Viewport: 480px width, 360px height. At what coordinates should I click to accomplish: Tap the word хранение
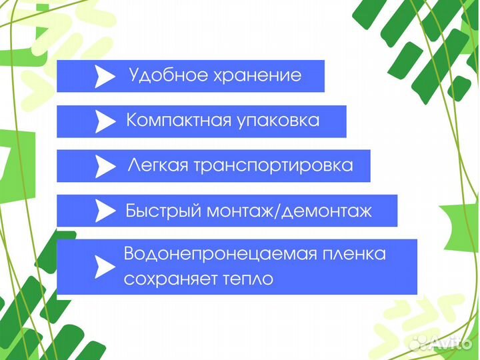click(257, 75)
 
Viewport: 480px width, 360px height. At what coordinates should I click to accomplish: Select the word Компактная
click(177, 121)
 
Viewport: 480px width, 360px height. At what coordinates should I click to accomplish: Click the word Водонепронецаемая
click(206, 254)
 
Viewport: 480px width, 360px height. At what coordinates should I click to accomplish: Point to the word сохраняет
click(168, 279)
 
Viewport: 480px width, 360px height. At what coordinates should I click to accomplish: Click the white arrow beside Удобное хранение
click(104, 77)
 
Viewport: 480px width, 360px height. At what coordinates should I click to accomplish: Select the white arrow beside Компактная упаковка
click(105, 121)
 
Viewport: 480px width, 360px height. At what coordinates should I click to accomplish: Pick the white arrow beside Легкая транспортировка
click(105, 166)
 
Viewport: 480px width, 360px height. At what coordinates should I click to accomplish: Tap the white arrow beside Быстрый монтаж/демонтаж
click(105, 211)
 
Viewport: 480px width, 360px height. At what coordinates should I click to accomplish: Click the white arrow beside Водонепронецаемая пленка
click(104, 267)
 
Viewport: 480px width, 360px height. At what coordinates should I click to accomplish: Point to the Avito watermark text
click(453, 343)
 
